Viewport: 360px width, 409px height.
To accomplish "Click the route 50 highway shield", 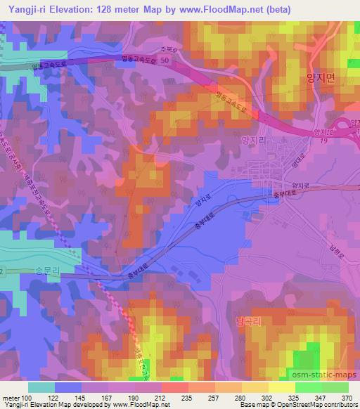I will (x=164, y=63).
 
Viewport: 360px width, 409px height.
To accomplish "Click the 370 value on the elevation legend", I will (x=345, y=398).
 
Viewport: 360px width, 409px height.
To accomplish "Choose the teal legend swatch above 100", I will (x=41, y=387).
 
